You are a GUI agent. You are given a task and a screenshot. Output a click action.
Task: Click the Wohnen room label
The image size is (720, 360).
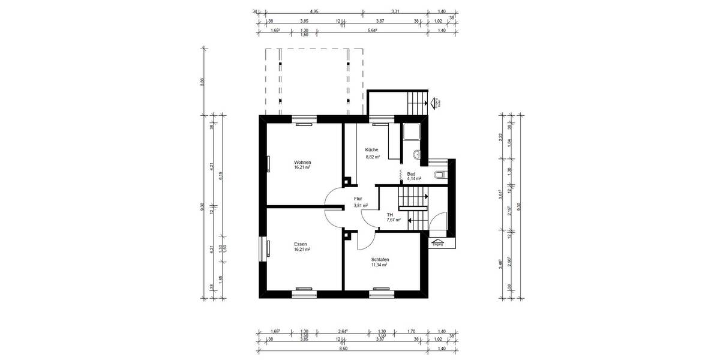tap(302, 163)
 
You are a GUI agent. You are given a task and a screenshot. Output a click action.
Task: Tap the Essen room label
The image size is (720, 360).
tap(301, 244)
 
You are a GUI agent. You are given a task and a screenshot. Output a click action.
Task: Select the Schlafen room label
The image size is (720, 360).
tap(380, 259)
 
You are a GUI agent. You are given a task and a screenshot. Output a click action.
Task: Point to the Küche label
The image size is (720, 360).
tap(371, 149)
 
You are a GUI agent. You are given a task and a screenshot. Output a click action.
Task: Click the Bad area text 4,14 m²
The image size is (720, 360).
tap(414, 179)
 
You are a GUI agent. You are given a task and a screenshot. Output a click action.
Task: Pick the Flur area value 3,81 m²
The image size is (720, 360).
tap(361, 205)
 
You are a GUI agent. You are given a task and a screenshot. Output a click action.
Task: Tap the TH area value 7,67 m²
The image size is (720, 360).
tap(394, 220)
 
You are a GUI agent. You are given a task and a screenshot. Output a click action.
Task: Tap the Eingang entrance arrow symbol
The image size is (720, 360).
tap(438, 243)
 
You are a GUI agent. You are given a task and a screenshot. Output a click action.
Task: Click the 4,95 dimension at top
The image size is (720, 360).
tap(314, 11)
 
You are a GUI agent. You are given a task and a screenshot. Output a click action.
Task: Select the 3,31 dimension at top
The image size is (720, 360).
tap(395, 11)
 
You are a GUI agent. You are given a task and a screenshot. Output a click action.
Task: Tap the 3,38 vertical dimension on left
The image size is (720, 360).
tap(202, 82)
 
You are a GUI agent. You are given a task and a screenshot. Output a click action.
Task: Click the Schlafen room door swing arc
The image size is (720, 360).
tap(364, 244)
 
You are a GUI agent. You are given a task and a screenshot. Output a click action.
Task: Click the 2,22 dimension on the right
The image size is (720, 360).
tap(500, 137)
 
